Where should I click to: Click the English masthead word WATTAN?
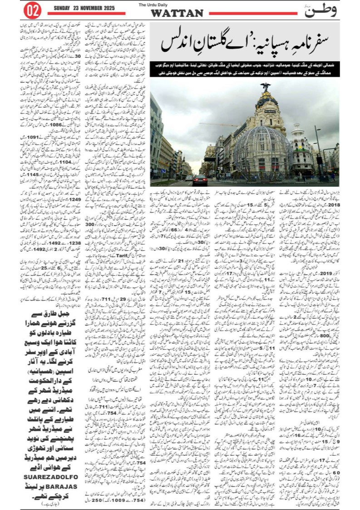pos(177,13)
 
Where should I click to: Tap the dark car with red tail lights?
pos(200,180)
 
